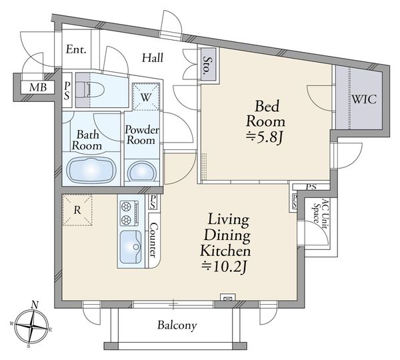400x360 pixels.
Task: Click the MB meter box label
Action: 38,87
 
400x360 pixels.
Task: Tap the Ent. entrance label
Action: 76,49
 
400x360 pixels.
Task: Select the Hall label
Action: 153,58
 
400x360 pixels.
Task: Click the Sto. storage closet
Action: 209,65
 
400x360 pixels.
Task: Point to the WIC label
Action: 364,99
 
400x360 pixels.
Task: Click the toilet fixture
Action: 90,90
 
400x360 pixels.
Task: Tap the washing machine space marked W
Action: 146,97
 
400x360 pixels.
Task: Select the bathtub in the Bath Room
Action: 91,170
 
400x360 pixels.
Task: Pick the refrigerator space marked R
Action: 77,210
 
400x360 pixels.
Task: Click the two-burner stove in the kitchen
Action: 129,213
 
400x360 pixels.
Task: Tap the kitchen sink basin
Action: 131,247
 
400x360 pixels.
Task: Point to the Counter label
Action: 153,240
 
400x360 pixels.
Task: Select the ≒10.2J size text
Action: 224,267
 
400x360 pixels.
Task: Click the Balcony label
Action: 177,325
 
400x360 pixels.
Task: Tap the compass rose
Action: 31,326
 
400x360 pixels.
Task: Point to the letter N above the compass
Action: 35,305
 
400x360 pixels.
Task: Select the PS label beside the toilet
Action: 67,91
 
